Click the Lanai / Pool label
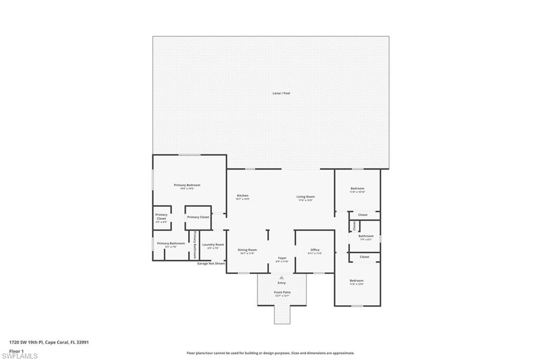pyautogui.click(x=278, y=93)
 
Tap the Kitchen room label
pyautogui.click(x=242, y=196)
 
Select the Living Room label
pyautogui.click(x=305, y=197)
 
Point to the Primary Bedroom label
pyautogui.click(x=187, y=185)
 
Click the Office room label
pyautogui.click(x=315, y=250)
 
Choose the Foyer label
pyautogui.click(x=282, y=258)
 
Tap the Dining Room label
pyautogui.click(x=247, y=250)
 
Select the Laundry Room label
pyautogui.click(x=213, y=245)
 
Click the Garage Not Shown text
pyautogui.click(x=211, y=263)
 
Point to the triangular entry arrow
pyautogui.click(x=282, y=277)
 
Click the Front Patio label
pyautogui.click(x=282, y=292)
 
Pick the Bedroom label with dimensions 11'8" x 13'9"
pyautogui.click(x=357, y=281)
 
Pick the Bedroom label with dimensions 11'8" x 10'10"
pyautogui.click(x=358, y=189)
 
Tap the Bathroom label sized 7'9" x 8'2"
pyautogui.click(x=366, y=236)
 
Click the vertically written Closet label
pyautogui.click(x=354, y=226)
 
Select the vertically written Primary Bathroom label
pyautogui.click(x=194, y=244)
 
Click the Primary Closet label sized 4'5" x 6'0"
pyautogui.click(x=161, y=216)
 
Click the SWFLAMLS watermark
pyautogui.click(x=20, y=356)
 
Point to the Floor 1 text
pyautogui.click(x=16, y=350)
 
